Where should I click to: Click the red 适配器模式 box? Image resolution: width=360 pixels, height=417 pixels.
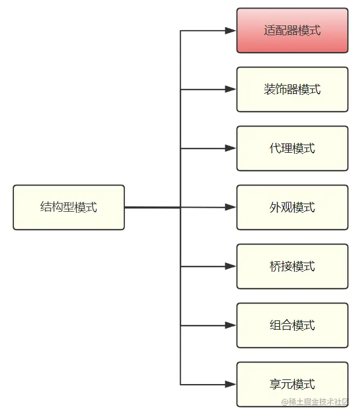(x=292, y=31)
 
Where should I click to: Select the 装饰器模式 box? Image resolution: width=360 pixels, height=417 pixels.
(x=292, y=90)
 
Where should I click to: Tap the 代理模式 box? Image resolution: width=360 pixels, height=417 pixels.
(x=292, y=149)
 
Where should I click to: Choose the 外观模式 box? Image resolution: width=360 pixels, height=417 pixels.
(x=292, y=208)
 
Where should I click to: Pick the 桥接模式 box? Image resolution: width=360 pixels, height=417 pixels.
(x=292, y=267)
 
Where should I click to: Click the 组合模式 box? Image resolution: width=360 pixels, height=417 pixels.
(x=292, y=326)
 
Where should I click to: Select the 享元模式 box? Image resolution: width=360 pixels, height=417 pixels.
(x=292, y=385)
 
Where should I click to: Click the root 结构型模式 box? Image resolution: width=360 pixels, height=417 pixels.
(x=69, y=208)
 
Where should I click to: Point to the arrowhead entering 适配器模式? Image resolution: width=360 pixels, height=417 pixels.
(x=231, y=31)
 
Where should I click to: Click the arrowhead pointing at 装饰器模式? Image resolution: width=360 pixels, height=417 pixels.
(x=231, y=90)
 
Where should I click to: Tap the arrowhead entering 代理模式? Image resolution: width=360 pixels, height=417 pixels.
(x=231, y=149)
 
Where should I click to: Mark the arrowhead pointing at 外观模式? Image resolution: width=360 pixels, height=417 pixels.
(x=231, y=207)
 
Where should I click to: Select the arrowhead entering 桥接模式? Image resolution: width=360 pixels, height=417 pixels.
(x=231, y=267)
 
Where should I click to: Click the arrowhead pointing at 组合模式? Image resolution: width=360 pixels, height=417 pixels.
(x=231, y=326)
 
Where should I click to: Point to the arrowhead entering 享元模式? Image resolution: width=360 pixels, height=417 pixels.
(x=231, y=385)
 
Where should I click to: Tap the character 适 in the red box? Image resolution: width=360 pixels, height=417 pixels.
(x=270, y=31)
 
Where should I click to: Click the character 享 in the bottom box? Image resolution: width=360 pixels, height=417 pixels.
(x=276, y=385)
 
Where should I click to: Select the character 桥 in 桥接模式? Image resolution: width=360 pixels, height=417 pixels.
(x=276, y=267)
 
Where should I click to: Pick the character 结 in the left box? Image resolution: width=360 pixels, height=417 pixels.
(x=46, y=208)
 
